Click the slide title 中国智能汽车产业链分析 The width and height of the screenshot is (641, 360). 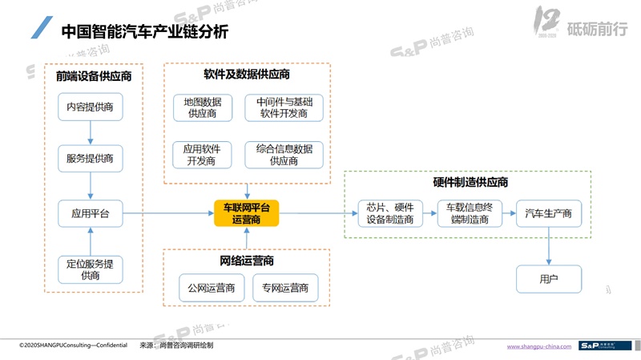[144, 32]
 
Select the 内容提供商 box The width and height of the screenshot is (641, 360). [91, 107]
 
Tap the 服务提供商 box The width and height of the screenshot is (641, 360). [91, 159]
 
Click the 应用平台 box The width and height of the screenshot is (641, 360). [91, 213]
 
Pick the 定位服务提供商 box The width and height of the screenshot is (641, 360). [91, 269]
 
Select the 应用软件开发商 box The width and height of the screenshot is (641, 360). [202, 155]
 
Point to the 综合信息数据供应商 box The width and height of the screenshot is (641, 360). [284, 155]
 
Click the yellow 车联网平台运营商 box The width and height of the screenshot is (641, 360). [246, 213]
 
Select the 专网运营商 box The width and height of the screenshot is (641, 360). [284, 288]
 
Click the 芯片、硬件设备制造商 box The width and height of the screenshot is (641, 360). [389, 213]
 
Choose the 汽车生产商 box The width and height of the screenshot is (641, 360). [548, 213]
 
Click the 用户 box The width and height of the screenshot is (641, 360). [548, 279]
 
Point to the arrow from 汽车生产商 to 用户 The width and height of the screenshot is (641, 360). [548, 246]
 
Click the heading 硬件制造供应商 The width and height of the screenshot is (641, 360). [466, 183]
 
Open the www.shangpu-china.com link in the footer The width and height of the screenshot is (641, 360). [539, 346]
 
